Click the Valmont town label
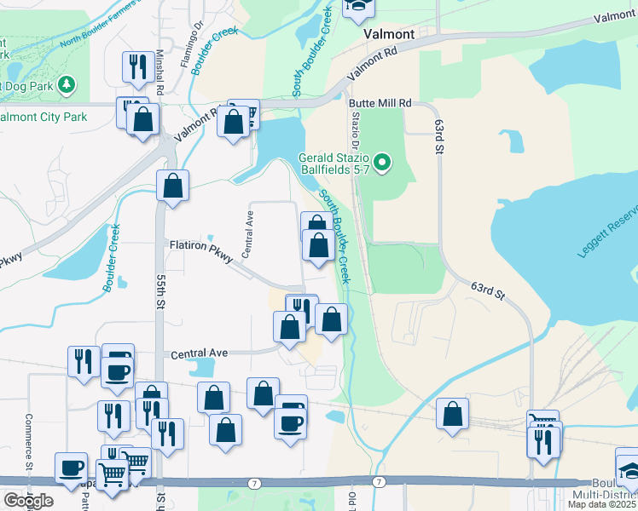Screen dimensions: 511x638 (x=388, y=34)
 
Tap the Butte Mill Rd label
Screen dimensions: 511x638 (x=380, y=103)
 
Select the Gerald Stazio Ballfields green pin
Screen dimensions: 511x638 (x=383, y=161)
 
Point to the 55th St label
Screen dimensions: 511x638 (x=160, y=291)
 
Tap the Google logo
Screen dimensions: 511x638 (x=28, y=501)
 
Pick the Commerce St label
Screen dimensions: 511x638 (x=28, y=440)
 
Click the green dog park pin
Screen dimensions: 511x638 (x=67, y=86)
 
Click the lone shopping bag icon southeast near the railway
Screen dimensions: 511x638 (x=452, y=415)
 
